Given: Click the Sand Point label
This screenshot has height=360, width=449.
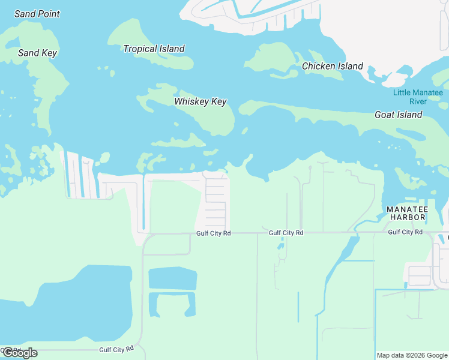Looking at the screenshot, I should (x=37, y=14).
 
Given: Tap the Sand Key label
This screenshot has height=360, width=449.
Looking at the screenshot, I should (x=37, y=53).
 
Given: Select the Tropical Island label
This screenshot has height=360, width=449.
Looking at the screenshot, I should (x=154, y=49).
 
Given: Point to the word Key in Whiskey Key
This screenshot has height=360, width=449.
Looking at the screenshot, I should (x=218, y=101).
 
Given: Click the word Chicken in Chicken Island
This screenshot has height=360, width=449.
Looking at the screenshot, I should (x=318, y=66).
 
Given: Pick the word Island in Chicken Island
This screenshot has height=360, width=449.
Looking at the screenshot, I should (x=350, y=66).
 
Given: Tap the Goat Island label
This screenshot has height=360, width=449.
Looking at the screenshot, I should (x=398, y=115).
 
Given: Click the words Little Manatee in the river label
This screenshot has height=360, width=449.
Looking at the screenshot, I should (x=418, y=92).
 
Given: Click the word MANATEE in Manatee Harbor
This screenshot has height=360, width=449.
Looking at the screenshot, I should (x=407, y=209).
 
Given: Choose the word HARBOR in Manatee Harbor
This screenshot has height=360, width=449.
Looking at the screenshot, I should (x=407, y=217).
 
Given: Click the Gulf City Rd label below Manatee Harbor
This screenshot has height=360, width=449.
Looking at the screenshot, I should (x=405, y=232).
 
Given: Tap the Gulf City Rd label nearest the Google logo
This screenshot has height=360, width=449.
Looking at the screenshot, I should (x=116, y=349).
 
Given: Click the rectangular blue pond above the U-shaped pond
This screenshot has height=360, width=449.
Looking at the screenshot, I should (x=172, y=278).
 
